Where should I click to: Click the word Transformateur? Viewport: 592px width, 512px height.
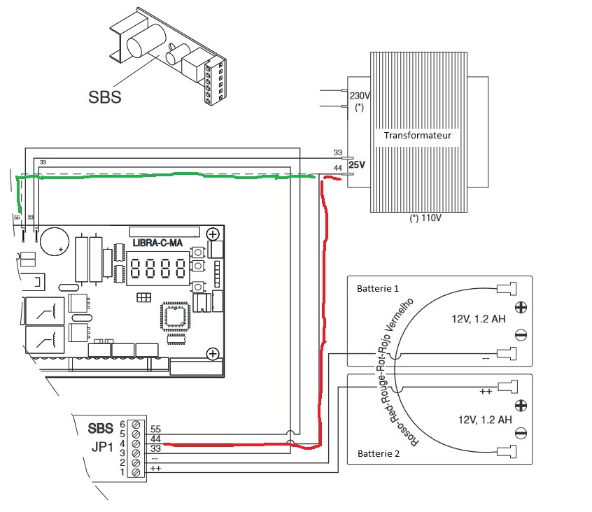click(418, 136)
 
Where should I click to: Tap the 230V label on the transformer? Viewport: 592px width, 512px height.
click(360, 96)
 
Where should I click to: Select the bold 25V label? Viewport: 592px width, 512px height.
click(357, 165)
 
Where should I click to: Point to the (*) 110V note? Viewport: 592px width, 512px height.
click(425, 218)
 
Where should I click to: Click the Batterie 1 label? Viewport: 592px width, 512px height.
click(378, 289)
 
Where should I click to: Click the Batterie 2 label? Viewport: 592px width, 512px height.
click(379, 453)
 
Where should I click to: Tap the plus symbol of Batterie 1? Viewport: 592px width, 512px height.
click(521, 308)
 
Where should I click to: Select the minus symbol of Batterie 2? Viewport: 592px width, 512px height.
click(521, 433)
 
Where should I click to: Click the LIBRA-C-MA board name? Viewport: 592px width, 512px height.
click(157, 243)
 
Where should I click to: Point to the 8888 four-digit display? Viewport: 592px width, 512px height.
click(158, 269)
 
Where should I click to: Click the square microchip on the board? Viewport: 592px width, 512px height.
click(175, 316)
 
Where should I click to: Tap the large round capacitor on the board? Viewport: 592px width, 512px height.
click(55, 241)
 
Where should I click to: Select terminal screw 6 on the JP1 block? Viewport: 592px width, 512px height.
click(136, 425)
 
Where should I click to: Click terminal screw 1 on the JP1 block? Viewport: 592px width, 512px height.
click(136, 472)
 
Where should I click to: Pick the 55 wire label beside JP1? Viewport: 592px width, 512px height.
click(155, 429)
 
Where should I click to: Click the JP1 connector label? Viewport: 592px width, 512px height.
click(102, 447)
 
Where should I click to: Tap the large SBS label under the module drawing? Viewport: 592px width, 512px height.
click(104, 97)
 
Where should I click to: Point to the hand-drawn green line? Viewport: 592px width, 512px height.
click(166, 176)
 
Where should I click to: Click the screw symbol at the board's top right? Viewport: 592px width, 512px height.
click(213, 234)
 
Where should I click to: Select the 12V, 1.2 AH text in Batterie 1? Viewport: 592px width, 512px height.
click(479, 319)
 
